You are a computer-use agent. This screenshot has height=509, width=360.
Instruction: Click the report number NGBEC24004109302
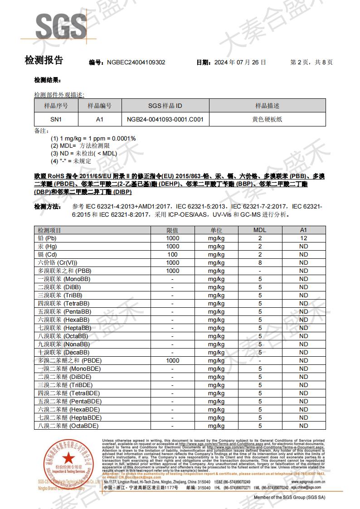point(136,63)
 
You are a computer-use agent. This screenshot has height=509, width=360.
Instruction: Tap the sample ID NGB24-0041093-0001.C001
point(165,120)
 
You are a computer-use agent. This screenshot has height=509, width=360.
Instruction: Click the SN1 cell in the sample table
point(56,120)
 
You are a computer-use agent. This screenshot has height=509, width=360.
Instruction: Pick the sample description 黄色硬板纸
point(267,120)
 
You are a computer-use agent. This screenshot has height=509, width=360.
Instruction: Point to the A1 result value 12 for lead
point(303,238)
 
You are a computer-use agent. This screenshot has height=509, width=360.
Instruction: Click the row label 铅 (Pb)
point(47,238)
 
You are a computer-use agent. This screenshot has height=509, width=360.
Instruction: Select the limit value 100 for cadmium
point(172,255)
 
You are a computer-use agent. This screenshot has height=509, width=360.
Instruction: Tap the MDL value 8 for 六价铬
point(260,263)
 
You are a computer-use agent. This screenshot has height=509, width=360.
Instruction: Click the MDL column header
point(260,230)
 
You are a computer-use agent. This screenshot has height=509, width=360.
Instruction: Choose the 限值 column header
point(172,230)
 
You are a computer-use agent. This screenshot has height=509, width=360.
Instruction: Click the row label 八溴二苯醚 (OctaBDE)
point(68,426)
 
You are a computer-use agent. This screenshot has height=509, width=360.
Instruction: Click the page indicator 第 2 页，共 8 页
point(311,63)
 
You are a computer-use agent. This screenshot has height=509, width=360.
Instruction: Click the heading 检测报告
point(44,60)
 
